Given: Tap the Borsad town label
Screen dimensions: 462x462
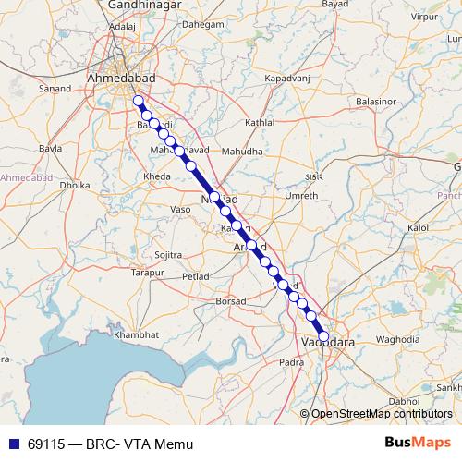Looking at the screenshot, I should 230,301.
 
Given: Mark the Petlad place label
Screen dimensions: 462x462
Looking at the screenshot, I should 196,275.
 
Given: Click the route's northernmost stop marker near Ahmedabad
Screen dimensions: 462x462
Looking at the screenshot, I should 139,101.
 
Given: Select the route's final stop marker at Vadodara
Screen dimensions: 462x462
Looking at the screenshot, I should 323,337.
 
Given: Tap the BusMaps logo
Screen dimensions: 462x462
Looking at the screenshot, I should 418,444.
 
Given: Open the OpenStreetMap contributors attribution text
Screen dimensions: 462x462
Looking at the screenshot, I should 382,413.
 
